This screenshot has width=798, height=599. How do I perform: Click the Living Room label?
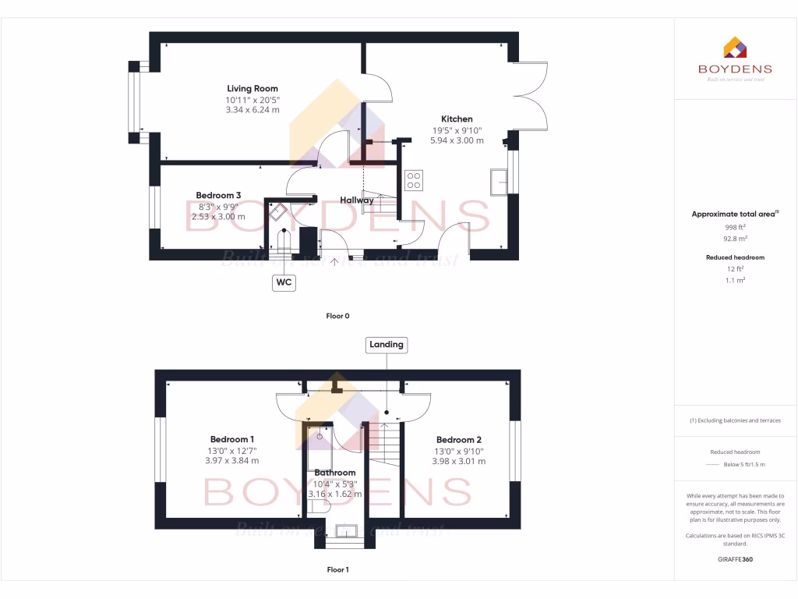click(252, 89)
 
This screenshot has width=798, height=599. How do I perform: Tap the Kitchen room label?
click(457, 119)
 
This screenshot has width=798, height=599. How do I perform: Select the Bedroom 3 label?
click(218, 195)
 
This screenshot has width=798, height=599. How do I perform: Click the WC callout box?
click(284, 283)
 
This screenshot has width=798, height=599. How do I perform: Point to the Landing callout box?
click(387, 344)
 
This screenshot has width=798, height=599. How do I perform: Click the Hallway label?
click(356, 200)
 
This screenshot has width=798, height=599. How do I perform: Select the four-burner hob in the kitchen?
click(414, 180)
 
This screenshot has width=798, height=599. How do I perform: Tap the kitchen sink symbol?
click(497, 181)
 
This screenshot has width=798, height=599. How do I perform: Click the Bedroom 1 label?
click(232, 440)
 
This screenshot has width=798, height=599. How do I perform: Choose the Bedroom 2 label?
click(459, 440)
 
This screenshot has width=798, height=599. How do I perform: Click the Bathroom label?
click(335, 473)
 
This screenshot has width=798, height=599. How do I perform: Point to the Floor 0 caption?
click(337, 317)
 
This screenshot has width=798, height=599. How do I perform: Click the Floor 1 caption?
click(337, 570)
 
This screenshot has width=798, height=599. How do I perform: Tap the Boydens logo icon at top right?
click(735, 48)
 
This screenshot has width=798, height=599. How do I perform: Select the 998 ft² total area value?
click(735, 227)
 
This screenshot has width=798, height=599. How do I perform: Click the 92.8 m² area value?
click(735, 239)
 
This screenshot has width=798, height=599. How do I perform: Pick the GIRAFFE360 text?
click(735, 559)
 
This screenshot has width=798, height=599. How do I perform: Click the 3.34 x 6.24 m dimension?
click(252, 110)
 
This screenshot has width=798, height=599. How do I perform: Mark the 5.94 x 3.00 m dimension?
click(457, 140)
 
